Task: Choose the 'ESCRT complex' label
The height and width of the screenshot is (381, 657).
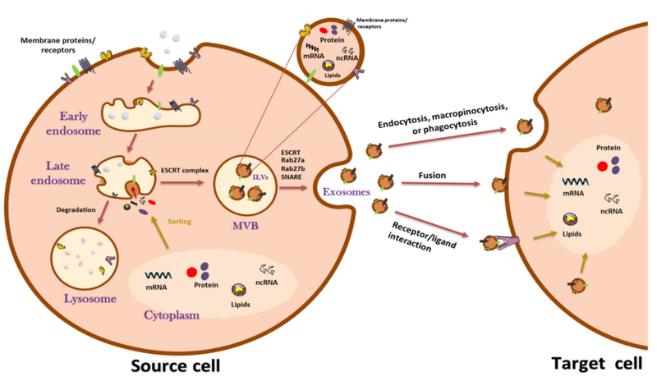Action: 185,169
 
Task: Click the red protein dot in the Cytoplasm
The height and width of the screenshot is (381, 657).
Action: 192,271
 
